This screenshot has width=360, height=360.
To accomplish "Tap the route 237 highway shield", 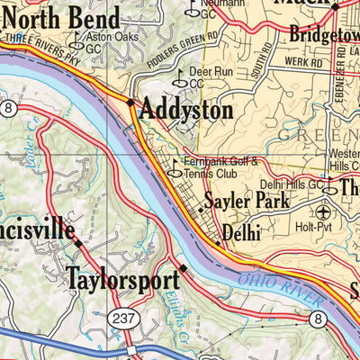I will click(121, 318).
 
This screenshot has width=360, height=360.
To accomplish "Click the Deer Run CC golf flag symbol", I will click(178, 79).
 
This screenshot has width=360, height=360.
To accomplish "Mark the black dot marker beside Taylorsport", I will click(183, 267).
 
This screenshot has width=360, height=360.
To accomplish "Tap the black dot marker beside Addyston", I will click(131, 103).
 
